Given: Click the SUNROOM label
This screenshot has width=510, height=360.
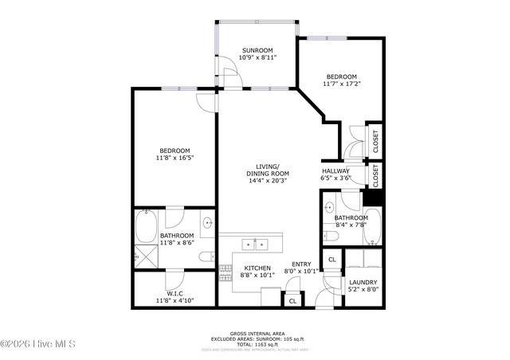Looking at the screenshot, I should [x=258, y=50].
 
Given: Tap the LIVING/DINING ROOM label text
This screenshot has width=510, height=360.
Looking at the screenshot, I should [x=268, y=170].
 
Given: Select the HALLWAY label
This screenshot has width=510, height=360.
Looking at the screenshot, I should [x=335, y=170].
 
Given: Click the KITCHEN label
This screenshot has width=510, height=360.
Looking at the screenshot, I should [x=257, y=268].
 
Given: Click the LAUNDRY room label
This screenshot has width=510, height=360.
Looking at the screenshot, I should [x=363, y=282].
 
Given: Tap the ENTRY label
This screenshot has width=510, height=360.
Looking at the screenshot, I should [x=301, y=264].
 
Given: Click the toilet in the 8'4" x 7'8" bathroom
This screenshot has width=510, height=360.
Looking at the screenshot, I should [x=330, y=236].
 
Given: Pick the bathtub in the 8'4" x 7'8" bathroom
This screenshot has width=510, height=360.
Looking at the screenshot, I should [x=377, y=228].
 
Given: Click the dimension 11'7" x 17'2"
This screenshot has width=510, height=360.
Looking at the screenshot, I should [x=343, y=84].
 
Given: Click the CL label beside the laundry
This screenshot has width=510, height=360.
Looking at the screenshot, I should [x=331, y=260].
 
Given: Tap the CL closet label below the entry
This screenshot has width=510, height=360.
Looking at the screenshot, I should [x=292, y=301].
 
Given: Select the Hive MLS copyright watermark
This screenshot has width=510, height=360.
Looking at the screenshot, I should [x=38, y=344].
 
